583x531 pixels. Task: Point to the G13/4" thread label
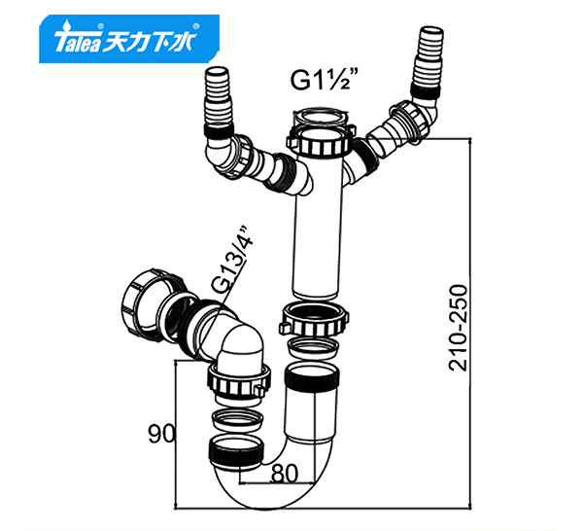click(x=231, y=259)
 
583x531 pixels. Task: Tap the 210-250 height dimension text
click(x=458, y=328)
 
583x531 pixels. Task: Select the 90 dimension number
click(x=161, y=434)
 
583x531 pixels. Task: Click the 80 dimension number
click(x=285, y=474)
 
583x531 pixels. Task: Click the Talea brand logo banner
click(x=129, y=39)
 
